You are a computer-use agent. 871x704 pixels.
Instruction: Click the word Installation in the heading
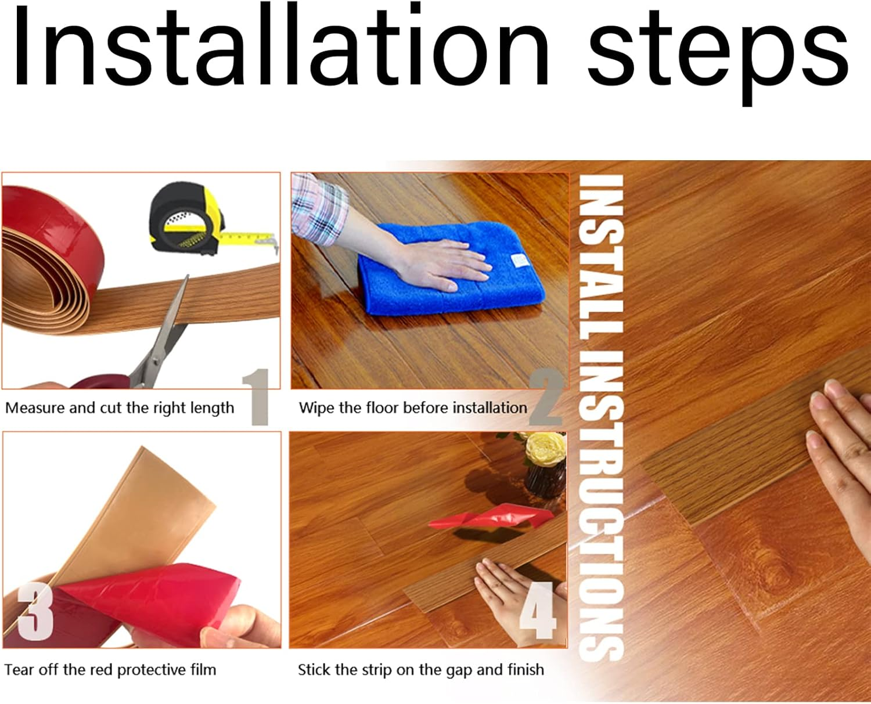click(280, 44)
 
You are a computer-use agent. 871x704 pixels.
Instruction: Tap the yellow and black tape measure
click(208, 221)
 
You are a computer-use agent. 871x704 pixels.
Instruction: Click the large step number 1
click(256, 397)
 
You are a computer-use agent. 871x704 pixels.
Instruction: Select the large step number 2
click(547, 396)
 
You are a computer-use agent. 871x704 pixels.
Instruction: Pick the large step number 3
click(36, 612)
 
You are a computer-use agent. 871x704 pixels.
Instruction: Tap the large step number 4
click(538, 611)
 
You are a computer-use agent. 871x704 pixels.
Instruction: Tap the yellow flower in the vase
click(545, 449)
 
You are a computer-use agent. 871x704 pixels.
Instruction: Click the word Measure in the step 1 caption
click(35, 408)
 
